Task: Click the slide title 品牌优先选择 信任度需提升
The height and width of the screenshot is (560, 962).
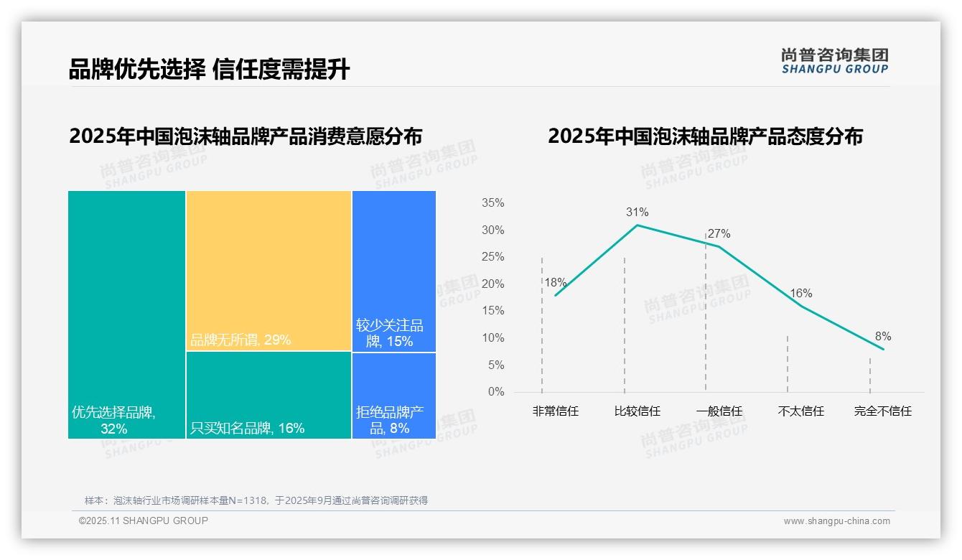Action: (x=209, y=70)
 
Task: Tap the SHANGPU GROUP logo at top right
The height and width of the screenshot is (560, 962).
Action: (x=834, y=61)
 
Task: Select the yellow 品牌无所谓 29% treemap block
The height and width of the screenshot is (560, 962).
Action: (x=268, y=271)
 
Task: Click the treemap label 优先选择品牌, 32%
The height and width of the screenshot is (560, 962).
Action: (x=113, y=421)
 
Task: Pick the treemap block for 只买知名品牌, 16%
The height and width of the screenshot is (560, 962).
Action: (x=268, y=395)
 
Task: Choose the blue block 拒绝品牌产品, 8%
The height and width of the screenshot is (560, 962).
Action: (x=393, y=396)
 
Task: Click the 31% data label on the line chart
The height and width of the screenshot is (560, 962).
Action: (x=637, y=212)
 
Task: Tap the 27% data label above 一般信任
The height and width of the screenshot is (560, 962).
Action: (x=719, y=233)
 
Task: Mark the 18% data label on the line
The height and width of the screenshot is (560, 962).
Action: (x=555, y=282)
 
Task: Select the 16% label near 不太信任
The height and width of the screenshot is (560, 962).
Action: (x=800, y=293)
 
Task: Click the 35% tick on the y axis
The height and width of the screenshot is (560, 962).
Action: (x=492, y=203)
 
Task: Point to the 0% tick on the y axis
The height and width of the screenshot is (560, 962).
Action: (x=495, y=392)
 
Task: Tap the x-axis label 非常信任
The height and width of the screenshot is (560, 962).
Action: (x=555, y=411)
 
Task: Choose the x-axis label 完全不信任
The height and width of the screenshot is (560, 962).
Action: (x=882, y=411)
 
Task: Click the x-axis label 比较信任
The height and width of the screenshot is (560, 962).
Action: (x=637, y=411)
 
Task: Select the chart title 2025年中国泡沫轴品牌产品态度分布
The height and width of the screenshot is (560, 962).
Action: (x=705, y=136)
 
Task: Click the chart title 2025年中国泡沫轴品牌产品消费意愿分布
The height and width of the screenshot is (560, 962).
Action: (x=246, y=136)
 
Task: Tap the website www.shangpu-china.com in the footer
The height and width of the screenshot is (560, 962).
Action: (x=836, y=521)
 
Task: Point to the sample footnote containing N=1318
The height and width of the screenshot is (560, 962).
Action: (x=256, y=500)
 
